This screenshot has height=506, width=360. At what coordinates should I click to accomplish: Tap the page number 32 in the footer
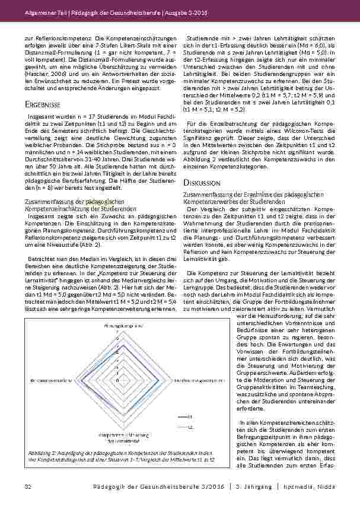tap(27, 486)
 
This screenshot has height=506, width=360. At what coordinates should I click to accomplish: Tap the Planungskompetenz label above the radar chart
tap(119, 326)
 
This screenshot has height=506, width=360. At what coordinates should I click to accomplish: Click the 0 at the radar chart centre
tap(117, 379)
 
